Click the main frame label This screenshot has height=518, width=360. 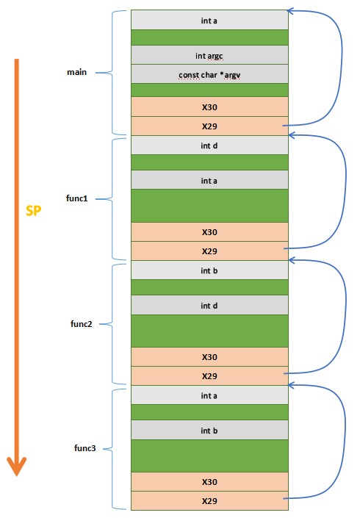click(76, 72)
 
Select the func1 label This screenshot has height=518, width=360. click(77, 198)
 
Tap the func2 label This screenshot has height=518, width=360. click(82, 324)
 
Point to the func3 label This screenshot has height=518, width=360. click(85, 448)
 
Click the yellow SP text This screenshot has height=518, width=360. click(33, 210)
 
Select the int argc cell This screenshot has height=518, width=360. click(209, 55)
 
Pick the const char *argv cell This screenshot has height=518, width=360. click(209, 74)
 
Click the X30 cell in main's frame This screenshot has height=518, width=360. click(209, 107)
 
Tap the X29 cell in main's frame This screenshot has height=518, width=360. click(209, 126)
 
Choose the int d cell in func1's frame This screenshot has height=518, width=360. click(209, 145)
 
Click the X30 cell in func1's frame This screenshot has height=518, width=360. click(209, 232)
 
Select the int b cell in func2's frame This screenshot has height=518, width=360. click(209, 270)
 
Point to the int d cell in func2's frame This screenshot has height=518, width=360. click(209, 305)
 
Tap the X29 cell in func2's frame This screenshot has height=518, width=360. click(209, 376)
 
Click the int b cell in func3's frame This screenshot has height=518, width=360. click(209, 430)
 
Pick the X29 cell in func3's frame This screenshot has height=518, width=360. click(209, 501)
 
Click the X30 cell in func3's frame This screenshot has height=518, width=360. click(209, 482)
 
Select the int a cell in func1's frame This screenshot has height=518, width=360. click(209, 180)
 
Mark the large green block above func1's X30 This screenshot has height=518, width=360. click(209, 206)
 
